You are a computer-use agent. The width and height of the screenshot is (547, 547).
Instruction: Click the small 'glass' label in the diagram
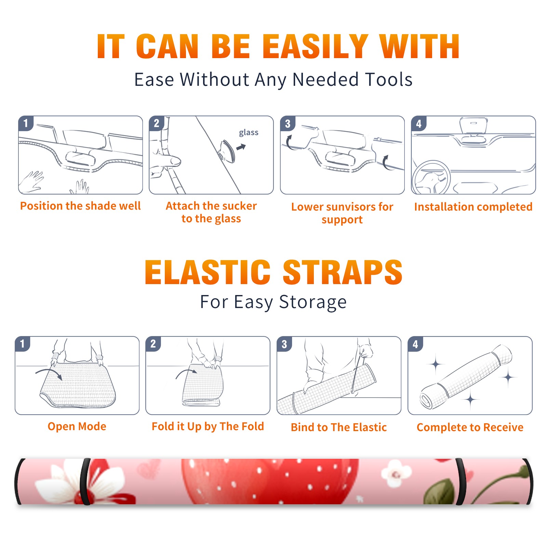tap(249, 133)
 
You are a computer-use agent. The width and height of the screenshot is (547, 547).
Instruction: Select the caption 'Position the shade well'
tap(80, 206)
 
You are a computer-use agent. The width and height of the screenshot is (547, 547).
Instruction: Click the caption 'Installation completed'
tap(473, 206)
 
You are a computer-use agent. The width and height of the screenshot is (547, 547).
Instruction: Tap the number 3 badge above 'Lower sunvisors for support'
tap(288, 123)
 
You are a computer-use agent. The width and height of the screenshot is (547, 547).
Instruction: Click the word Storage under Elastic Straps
tap(313, 302)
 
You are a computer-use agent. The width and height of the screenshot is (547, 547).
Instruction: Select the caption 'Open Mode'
tap(77, 426)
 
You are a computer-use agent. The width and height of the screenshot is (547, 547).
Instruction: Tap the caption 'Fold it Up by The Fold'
tap(208, 426)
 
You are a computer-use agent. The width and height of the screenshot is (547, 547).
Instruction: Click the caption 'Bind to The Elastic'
tap(339, 427)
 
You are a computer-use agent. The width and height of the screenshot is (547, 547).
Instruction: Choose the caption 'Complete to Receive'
tap(470, 427)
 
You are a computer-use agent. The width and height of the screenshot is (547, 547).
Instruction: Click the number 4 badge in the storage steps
tap(415, 344)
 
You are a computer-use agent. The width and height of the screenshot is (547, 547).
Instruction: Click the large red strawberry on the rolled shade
tap(270, 481)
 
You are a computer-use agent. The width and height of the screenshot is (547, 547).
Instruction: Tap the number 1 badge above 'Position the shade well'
tap(26, 123)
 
